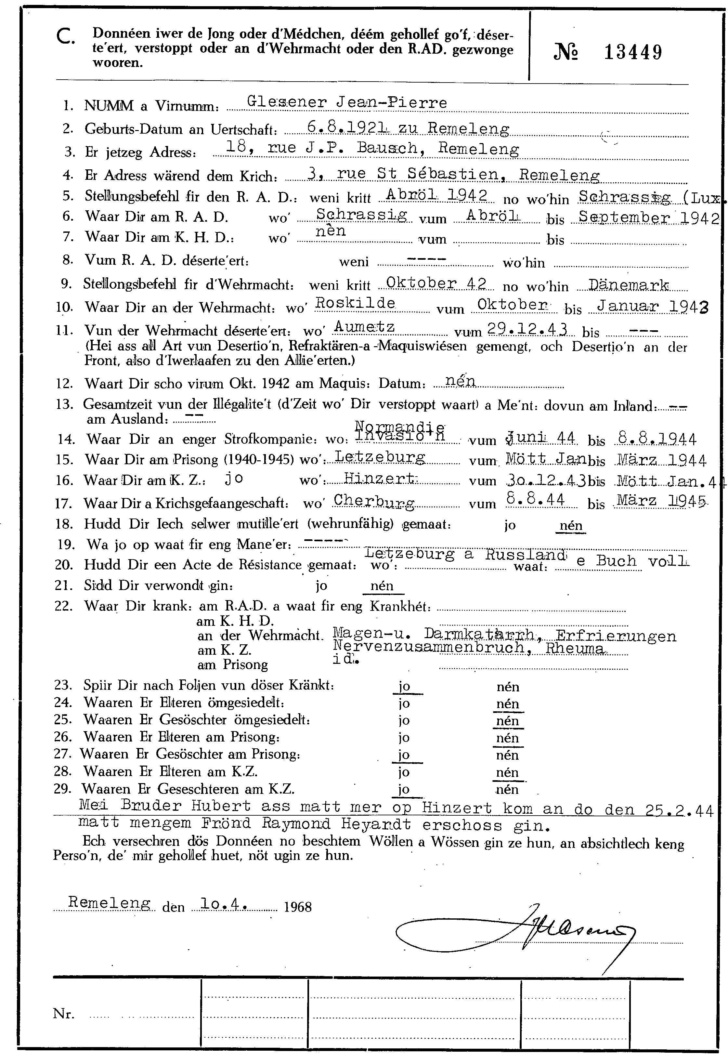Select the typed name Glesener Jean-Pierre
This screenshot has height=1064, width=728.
point(346,102)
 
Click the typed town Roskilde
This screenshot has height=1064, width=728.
point(356,303)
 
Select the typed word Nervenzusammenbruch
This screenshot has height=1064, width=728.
point(429,647)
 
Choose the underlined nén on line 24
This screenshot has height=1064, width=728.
point(508,704)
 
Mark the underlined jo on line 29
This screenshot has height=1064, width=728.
point(404,789)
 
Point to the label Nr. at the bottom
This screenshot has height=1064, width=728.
point(64,1014)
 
